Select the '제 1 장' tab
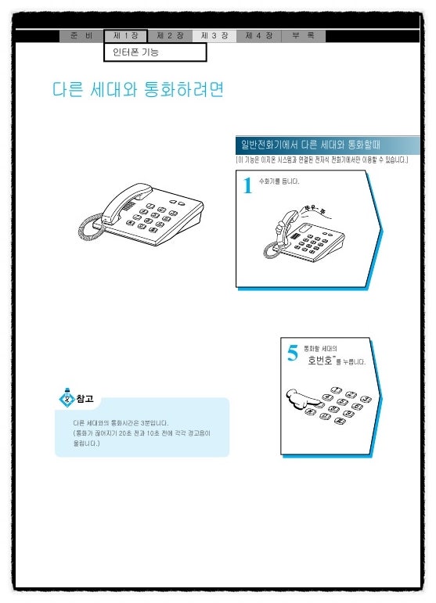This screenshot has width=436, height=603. pos(125,36)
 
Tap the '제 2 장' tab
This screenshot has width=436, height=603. pos(170,36)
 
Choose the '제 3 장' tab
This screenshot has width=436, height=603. pos(214,36)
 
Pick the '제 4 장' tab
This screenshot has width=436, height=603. pos(258,36)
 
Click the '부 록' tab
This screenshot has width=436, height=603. pos(303,36)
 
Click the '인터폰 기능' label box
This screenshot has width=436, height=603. pos(155,52)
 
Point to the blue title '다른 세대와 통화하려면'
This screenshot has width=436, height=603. pos(138,90)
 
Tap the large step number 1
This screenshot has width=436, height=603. pos(247,186)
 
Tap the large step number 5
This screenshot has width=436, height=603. pos(293,354)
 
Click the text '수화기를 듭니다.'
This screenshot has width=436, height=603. pos(279,181)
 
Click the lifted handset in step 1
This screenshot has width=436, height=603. pos(279,227)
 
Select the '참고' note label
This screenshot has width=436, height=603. pos(85,399)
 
